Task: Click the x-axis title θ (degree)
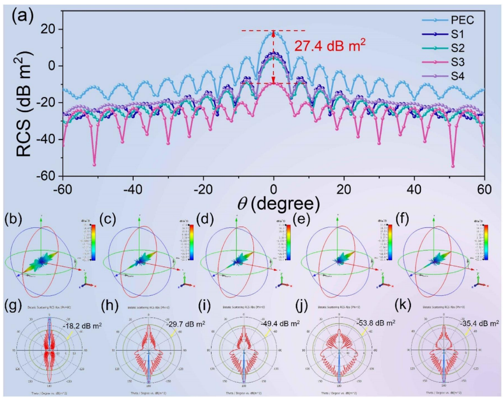273,202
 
